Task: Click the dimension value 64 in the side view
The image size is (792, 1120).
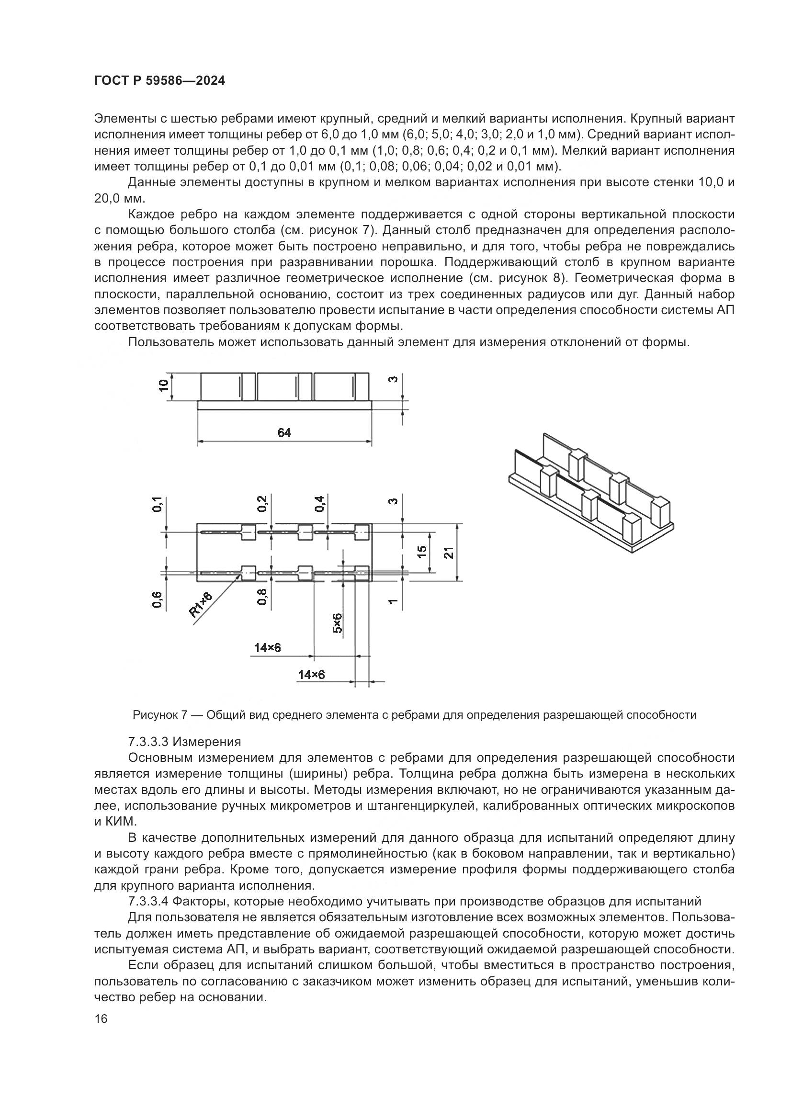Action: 284,433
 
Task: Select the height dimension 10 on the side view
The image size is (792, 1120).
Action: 164,385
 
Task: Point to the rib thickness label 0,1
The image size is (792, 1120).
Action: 157,504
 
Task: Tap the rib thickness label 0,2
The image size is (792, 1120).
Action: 262,503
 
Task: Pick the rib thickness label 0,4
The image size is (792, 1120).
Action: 320,503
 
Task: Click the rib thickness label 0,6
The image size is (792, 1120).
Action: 157,599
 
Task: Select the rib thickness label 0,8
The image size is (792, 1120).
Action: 262,597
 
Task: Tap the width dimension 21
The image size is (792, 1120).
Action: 449,552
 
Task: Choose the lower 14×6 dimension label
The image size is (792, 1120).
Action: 312,675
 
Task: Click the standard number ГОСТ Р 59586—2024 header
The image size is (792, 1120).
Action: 159,81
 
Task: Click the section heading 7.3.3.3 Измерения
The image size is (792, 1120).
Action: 184,742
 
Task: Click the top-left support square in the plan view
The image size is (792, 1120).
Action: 248,532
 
